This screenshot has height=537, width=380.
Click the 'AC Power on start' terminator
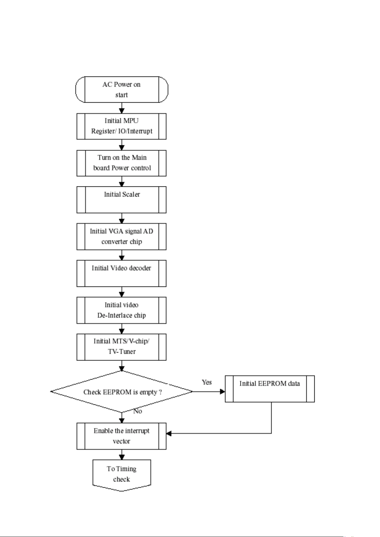point(121,90)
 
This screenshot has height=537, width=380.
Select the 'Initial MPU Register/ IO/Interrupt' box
point(121,126)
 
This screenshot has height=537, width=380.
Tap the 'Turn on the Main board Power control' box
point(121,163)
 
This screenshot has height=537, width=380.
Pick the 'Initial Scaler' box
point(121,200)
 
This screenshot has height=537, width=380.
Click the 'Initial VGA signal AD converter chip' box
point(121,236)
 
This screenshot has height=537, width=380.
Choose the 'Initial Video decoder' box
point(121,273)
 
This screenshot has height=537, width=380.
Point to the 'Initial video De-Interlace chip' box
point(121,310)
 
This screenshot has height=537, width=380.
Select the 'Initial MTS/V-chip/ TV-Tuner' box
point(121,347)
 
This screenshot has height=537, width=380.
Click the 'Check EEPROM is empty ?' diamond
point(121,392)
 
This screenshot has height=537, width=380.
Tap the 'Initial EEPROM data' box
point(270,389)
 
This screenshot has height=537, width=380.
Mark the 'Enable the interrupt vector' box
point(121,436)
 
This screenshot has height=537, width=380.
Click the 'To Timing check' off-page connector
point(122,475)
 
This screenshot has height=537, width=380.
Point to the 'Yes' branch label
point(207,382)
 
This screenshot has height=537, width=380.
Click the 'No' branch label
point(138,411)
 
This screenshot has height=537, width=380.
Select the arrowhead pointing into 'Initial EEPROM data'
point(223,391)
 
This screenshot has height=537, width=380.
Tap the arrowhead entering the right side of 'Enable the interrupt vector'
point(169,433)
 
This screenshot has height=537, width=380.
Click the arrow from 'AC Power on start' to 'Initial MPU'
point(122,108)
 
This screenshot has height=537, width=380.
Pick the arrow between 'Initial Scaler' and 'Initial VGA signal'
point(122,218)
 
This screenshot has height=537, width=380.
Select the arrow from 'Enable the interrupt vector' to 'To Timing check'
point(122,454)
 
